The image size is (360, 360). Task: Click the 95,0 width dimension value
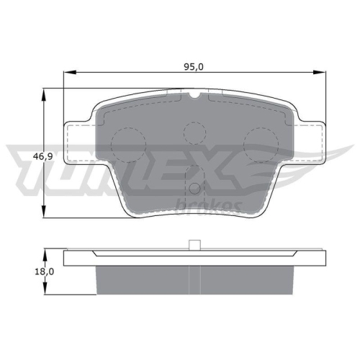tap(193, 67)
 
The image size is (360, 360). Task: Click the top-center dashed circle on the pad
tap(194, 132)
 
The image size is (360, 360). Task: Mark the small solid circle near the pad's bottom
tap(194, 189)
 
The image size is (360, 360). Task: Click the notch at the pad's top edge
tap(194, 94)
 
